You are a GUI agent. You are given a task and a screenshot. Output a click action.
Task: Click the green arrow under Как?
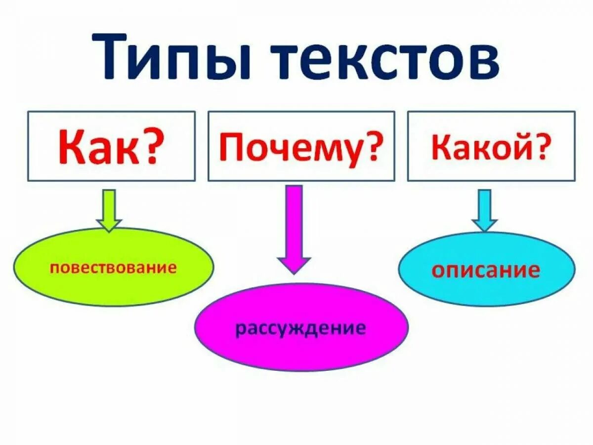click(109, 211)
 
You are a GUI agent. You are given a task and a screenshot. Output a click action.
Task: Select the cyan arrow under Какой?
click(484, 210)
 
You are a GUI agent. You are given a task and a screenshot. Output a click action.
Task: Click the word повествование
click(113, 268)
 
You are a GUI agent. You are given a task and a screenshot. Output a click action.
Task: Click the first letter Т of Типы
click(115, 56)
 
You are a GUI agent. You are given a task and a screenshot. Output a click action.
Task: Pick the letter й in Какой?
click(519, 146)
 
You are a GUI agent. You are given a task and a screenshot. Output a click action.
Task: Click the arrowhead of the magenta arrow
click(294, 264)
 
